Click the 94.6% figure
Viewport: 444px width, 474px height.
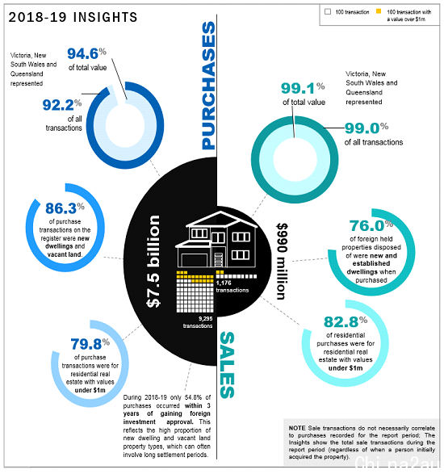tap(86, 54)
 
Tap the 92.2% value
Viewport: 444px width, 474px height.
tap(62, 105)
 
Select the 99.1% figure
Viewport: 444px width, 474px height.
tap(303, 88)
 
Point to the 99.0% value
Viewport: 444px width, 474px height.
tap(367, 128)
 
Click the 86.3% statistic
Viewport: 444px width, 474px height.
tap(65, 208)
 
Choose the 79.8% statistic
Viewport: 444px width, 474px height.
tap(90, 344)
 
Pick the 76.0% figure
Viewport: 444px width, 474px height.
tap(371, 225)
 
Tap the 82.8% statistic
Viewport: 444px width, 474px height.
tap(346, 321)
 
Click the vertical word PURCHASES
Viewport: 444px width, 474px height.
tap(208, 86)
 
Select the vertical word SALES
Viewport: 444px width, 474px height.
tap(227, 365)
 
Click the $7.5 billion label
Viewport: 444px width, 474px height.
tap(153, 261)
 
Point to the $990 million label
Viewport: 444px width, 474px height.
tap(282, 261)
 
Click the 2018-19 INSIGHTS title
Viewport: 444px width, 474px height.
tap(73, 17)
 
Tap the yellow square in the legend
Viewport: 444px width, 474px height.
tap(379, 11)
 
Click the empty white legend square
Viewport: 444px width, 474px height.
tap(328, 11)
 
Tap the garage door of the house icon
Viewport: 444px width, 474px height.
tap(194, 260)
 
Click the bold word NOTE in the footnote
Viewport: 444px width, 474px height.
tap(297, 428)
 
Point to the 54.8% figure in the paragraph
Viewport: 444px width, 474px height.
tap(193, 397)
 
